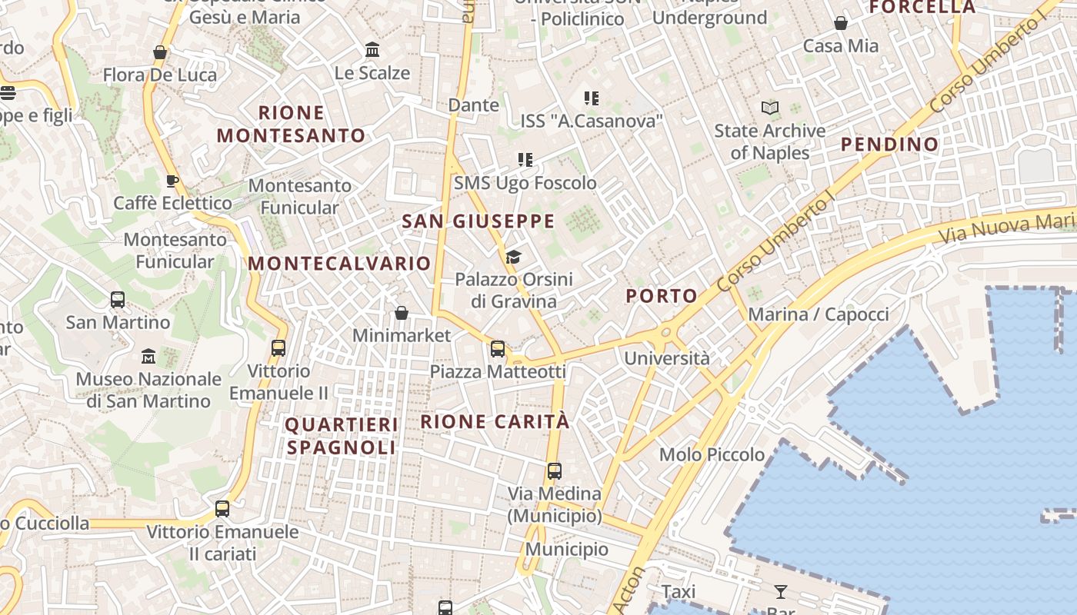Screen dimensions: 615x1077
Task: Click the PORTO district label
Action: point(662,296)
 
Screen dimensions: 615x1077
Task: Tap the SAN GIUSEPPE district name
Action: point(478,222)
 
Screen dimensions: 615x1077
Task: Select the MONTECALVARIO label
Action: point(339,264)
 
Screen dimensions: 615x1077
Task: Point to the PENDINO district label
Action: point(889,145)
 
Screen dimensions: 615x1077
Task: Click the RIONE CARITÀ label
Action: point(495,422)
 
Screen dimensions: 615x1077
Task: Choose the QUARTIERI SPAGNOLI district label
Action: point(342,436)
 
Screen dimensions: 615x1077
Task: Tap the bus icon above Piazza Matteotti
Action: point(498,349)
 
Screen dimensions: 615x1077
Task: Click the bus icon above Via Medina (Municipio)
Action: point(554,470)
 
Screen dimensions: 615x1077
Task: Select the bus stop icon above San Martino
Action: point(118,300)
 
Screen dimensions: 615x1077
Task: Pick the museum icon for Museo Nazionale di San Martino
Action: point(148,357)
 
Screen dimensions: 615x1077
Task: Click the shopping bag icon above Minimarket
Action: point(401,313)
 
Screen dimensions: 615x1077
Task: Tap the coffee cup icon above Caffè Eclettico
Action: point(172,181)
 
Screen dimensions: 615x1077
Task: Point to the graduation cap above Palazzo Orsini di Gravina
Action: point(513,257)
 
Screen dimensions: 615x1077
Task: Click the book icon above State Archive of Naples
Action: point(770,108)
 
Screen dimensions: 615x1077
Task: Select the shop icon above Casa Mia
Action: point(841,24)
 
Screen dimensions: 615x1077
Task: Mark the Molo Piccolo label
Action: point(712,454)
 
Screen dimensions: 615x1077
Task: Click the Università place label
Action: point(667,358)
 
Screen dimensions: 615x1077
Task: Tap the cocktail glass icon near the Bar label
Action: point(781,591)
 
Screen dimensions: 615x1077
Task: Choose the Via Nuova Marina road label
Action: point(1008,225)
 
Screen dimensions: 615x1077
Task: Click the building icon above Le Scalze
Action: point(372,50)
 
